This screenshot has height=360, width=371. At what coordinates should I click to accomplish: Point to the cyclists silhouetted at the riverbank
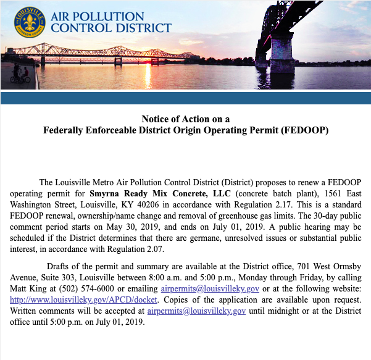(19, 73)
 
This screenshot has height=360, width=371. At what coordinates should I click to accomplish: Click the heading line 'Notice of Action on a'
(185, 119)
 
